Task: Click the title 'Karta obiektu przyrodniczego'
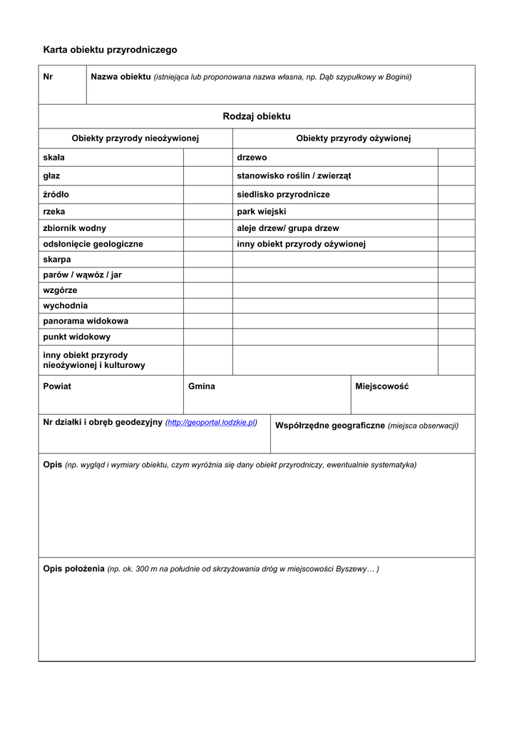(x=110, y=50)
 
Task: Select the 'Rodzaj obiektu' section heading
(x=257, y=116)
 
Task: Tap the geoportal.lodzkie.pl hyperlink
(x=211, y=422)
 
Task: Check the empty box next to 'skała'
(x=208, y=158)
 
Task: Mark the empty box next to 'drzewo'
(x=456, y=158)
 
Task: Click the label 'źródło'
(x=56, y=194)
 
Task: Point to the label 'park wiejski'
(x=261, y=212)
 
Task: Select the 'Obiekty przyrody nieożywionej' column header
(x=135, y=138)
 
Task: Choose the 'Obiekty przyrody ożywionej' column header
(x=354, y=138)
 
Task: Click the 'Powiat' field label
(x=57, y=386)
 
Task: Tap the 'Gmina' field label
(x=202, y=386)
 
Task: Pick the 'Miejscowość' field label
(x=382, y=386)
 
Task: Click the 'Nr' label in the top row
(x=48, y=76)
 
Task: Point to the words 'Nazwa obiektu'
(x=121, y=76)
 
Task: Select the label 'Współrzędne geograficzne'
(x=330, y=426)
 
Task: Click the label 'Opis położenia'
(x=73, y=569)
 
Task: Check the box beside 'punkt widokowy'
(x=208, y=336)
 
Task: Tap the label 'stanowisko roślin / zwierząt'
(x=294, y=175)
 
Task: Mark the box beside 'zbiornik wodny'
(x=208, y=228)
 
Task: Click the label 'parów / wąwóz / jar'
(x=82, y=274)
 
